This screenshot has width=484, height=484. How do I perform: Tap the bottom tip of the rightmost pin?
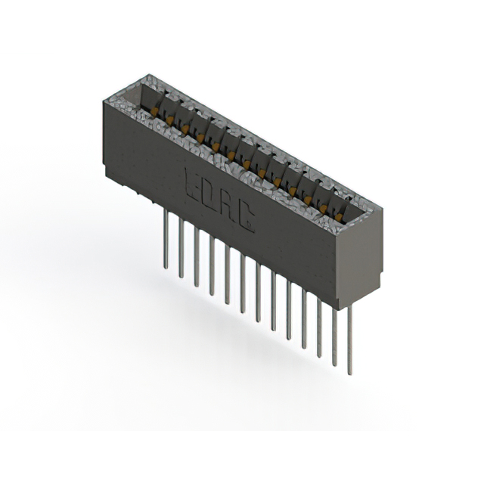tap(349, 373)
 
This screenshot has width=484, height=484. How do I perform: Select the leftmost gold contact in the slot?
tap(154, 112)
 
